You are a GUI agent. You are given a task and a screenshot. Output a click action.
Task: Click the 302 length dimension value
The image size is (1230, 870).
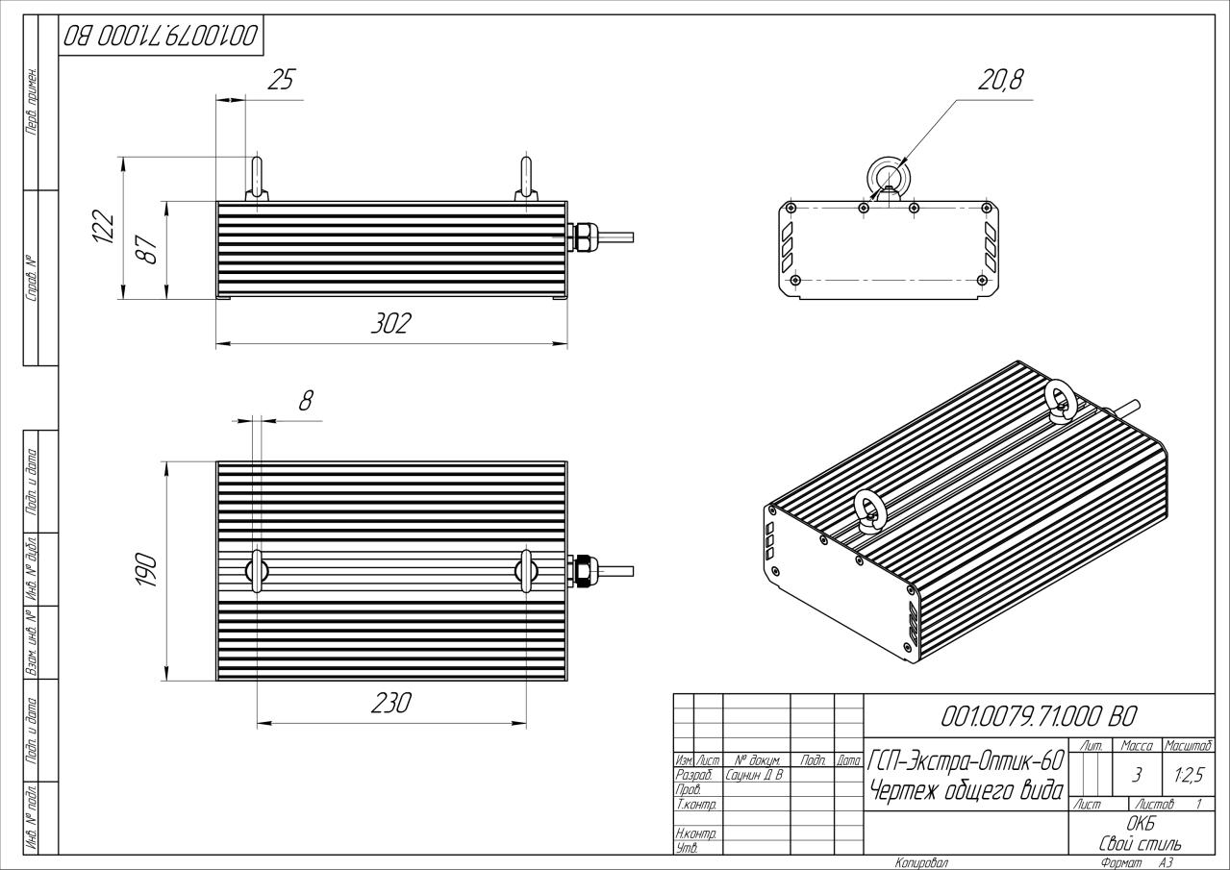coord(390,324)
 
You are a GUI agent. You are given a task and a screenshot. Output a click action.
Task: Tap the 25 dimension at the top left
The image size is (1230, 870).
coord(279,81)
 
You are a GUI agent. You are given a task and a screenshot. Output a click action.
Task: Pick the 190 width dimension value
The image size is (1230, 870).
coord(145,571)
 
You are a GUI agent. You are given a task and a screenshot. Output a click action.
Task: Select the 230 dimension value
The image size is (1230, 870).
coord(391,704)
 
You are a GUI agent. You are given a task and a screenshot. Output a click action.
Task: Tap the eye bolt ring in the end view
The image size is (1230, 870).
coord(887,177)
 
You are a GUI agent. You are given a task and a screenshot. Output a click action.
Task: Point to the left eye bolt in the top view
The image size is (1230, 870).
coord(258,570)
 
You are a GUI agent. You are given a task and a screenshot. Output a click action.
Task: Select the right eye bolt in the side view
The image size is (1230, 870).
coord(525,178)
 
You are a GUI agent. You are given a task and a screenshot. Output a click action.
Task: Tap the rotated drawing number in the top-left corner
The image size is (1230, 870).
coord(161,37)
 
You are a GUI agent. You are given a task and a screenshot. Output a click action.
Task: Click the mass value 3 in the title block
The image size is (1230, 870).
coord(1138,772)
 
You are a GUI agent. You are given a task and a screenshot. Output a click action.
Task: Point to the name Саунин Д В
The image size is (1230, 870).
coord(756,774)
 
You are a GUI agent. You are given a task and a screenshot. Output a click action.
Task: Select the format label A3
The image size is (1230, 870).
coord(1167,862)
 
